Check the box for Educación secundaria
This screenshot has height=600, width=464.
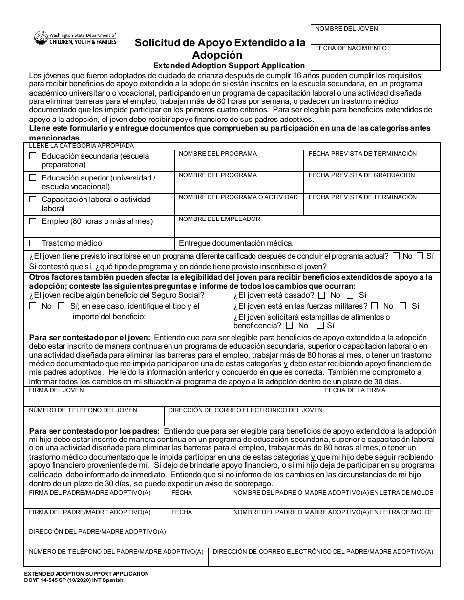click(33, 156)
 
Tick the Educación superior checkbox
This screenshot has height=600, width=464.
click(33, 178)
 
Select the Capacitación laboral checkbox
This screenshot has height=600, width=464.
click(33, 200)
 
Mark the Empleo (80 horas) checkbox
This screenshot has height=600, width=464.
click(33, 221)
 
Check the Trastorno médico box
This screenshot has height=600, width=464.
click(33, 243)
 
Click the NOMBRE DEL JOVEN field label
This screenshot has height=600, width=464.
click(346, 29)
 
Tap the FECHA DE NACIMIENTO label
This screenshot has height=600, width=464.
click(351, 48)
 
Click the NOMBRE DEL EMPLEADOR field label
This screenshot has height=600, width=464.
click(219, 219)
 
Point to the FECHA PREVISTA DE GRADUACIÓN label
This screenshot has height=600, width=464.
click(361, 175)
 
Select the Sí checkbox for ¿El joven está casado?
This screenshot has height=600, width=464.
click(350, 295)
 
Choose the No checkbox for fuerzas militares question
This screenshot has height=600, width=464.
click(374, 306)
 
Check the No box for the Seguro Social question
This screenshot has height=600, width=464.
click(33, 306)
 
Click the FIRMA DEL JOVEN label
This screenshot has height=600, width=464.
click(56, 390)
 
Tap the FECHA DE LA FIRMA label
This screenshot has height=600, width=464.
click(355, 390)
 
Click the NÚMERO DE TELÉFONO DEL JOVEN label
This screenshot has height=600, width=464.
click(83, 410)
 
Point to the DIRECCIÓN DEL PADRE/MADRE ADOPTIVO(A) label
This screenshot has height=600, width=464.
click(98, 531)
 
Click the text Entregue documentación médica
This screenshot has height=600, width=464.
click(236, 243)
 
